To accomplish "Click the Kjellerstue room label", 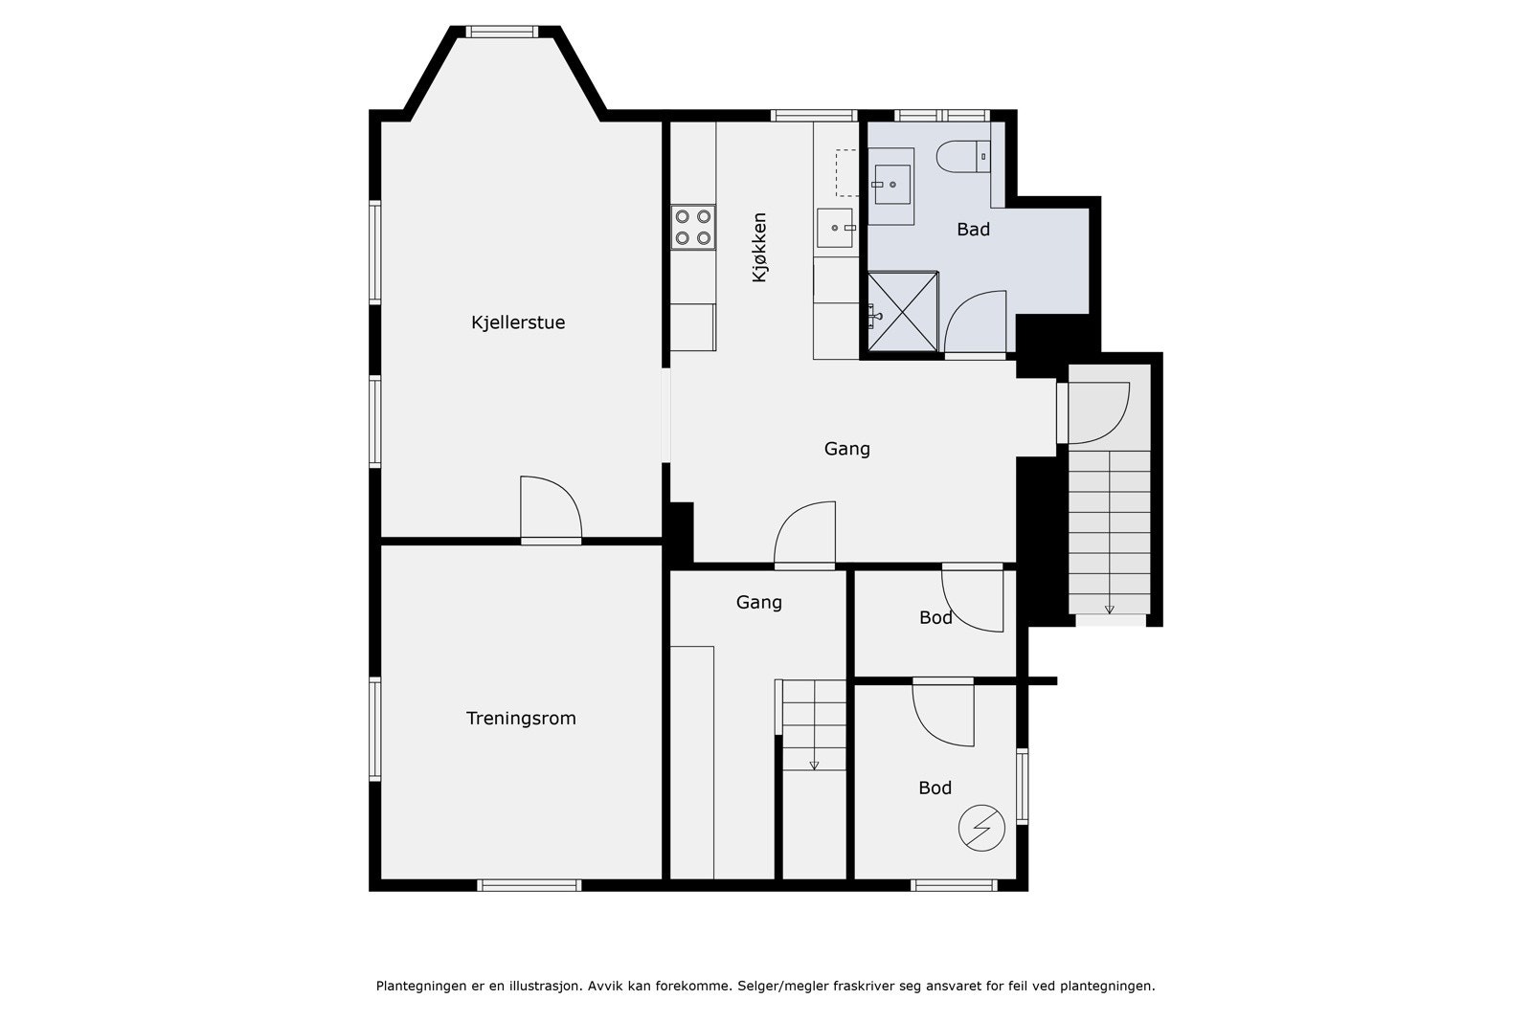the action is (518, 322).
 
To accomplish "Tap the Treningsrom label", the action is (521, 719).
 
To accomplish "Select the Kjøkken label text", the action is (759, 248).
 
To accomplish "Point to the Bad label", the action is (973, 230).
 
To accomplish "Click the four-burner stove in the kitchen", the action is (693, 228).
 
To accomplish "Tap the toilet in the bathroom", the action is (963, 157).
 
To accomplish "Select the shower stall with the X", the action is (903, 312).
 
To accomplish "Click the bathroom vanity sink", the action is (891, 186).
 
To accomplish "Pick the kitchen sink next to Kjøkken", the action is (835, 229).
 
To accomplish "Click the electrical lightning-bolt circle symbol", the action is (981, 829).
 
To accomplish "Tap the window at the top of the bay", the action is (502, 32).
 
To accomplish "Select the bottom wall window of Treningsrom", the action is (529, 886).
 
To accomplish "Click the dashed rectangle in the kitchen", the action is (846, 173).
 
